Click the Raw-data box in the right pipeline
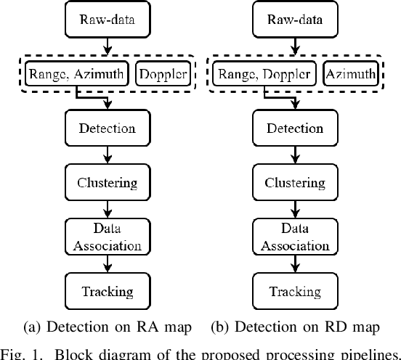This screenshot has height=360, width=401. (295, 19)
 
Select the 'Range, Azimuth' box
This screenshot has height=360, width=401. (76, 73)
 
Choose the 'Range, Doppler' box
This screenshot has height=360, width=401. (265, 73)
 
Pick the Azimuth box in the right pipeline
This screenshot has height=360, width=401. (350, 73)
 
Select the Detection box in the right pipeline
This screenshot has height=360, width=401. (295, 128)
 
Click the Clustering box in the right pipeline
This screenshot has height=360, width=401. (295, 183)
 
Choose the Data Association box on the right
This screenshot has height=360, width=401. (295, 237)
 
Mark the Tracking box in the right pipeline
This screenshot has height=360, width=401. (295, 292)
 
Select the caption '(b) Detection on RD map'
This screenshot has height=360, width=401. (295, 327)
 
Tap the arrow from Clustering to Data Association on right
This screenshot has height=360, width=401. (295, 210)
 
